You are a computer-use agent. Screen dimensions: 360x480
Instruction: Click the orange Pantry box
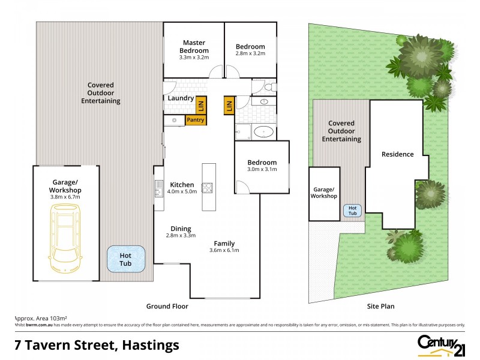pos(196,120)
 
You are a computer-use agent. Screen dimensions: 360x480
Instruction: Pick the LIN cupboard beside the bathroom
pos(229,106)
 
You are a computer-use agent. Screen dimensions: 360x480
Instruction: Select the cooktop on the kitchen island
pos(208,188)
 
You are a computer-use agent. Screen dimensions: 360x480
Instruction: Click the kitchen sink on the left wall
pos(158,188)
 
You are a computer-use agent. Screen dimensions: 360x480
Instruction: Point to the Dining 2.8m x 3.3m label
pos(181,232)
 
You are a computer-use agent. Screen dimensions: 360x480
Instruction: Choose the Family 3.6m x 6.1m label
pos(224,247)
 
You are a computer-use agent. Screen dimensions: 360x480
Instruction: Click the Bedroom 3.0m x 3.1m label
pos(262,166)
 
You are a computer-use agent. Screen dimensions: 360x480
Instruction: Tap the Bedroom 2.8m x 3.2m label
pos(250,50)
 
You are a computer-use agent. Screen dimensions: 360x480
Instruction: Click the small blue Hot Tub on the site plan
pos(352,210)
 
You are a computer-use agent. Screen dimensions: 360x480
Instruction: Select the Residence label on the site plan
pos(397,154)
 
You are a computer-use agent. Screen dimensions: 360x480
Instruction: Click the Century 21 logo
pos(441,344)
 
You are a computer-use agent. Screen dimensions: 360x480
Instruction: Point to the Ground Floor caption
pos(167,306)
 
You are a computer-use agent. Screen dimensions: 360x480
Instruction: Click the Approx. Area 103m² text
pos(40,318)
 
